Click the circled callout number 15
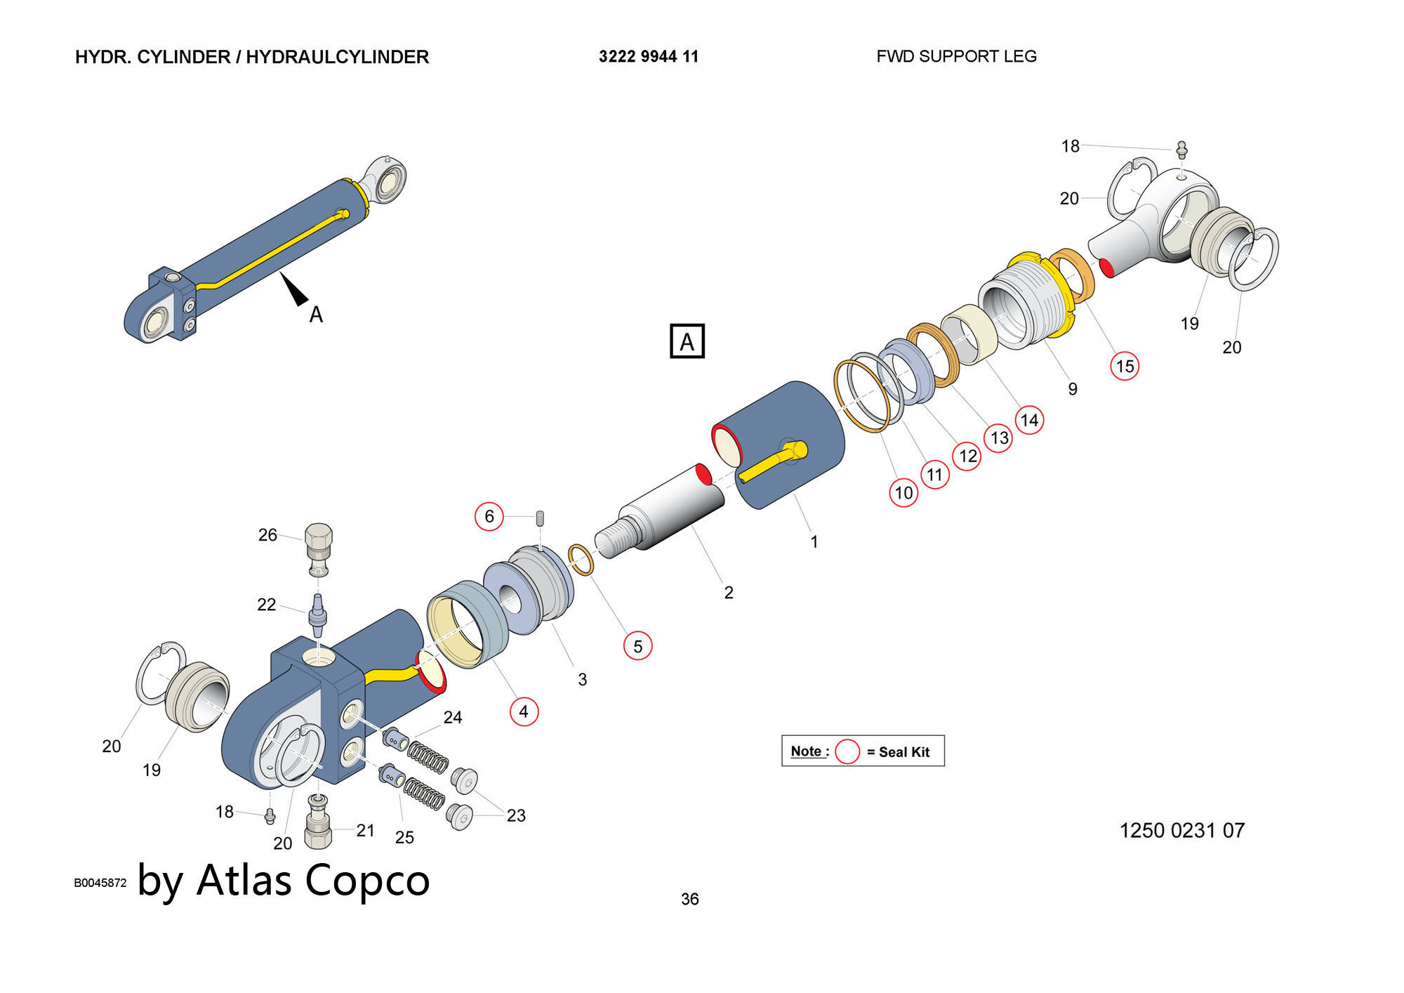click(1125, 366)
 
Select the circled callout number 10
click(903, 492)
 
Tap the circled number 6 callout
click(489, 517)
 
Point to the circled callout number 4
click(524, 711)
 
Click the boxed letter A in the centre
click(687, 341)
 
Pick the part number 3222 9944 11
click(649, 57)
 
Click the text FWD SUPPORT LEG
click(956, 57)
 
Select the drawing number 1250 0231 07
click(1182, 831)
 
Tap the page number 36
click(690, 899)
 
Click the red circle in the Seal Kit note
click(847, 751)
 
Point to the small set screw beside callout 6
click(541, 518)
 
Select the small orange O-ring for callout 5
click(581, 560)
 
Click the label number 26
click(267, 535)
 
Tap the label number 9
click(1073, 389)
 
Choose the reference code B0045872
click(100, 883)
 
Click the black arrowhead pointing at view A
click(295, 289)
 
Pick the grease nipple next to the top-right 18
click(1182, 150)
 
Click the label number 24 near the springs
click(453, 717)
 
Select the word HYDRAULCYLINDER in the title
click(337, 57)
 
